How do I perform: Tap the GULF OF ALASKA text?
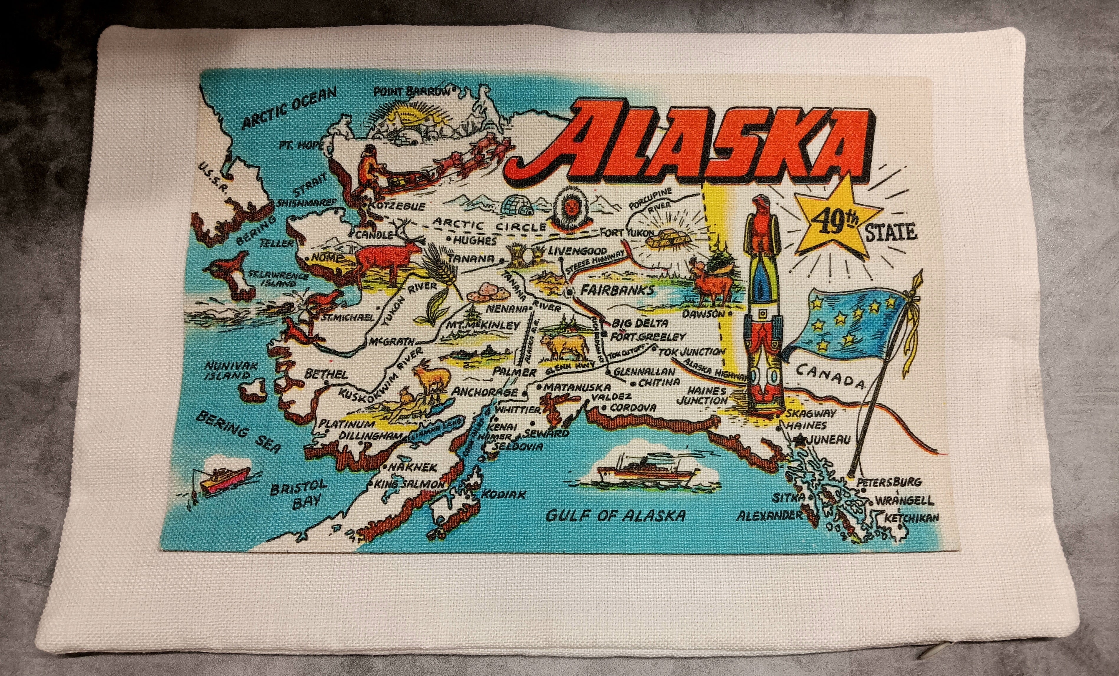pos(615,515)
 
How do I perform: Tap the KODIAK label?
pos(503,494)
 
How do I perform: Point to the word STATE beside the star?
pos(891,233)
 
